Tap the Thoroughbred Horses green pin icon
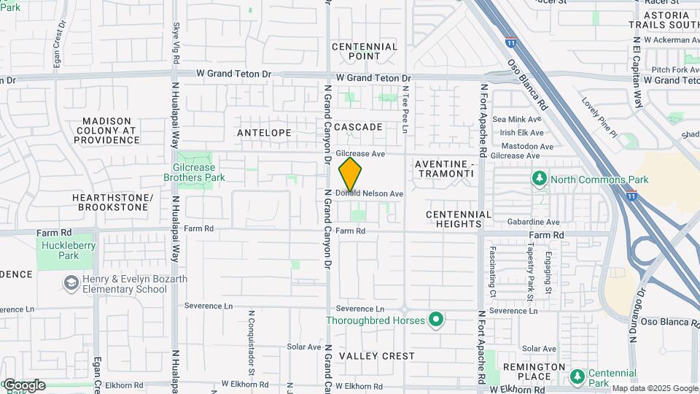coord(436,319)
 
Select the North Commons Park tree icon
coord(540,179)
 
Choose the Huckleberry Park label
coord(69,250)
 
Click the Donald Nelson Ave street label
coord(370,194)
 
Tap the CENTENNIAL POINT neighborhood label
coord(365,51)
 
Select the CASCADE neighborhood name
coord(358,127)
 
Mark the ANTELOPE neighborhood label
coord(264,133)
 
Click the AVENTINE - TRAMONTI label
coord(445,170)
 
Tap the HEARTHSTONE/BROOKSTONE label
coord(112,203)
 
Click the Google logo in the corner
coord(23,385)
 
